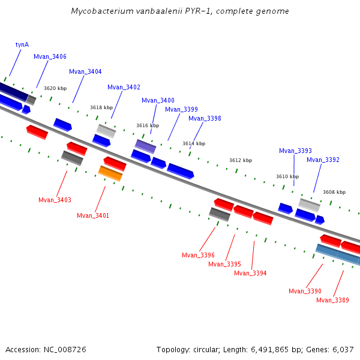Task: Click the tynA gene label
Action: click(22, 44)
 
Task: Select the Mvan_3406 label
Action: click(50, 56)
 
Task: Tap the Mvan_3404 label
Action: click(85, 71)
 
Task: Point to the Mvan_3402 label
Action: click(124, 87)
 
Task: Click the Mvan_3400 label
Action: click(158, 100)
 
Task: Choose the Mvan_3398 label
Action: click(205, 118)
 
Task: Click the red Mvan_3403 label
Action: click(55, 200)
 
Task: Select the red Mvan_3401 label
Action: click(93, 215)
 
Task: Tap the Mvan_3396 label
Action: click(198, 255)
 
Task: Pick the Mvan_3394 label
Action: click(250, 273)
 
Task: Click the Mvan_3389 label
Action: click(332, 300)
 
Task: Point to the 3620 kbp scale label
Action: click(55, 88)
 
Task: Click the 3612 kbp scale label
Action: click(241, 160)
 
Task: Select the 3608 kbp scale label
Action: click(334, 192)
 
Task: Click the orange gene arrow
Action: click(110, 173)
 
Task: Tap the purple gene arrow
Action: click(145, 146)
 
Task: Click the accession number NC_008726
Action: click(64, 349)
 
